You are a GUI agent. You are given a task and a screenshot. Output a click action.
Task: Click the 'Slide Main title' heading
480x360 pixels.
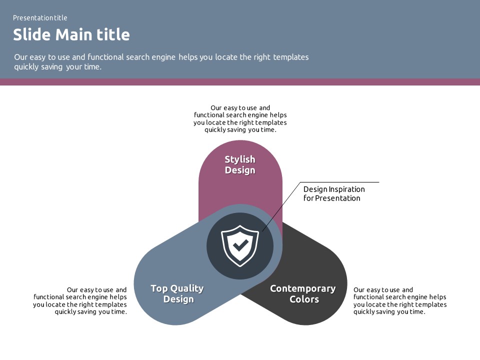(x=71, y=35)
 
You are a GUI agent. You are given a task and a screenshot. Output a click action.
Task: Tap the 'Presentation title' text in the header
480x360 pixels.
(x=40, y=18)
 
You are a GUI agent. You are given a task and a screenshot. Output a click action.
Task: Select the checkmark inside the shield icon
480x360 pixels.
(x=240, y=244)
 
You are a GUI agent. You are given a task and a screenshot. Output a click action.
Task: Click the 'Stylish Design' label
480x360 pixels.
(x=240, y=164)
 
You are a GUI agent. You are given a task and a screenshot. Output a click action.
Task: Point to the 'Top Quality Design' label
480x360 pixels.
(x=177, y=293)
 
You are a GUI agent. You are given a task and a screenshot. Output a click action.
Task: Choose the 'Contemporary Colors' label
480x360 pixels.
(x=303, y=293)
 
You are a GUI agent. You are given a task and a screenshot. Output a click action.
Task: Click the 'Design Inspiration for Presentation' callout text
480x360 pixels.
(x=334, y=193)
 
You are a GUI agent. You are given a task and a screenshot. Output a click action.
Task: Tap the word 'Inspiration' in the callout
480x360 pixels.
(x=347, y=189)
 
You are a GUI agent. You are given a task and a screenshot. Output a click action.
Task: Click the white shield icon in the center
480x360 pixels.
(x=240, y=245)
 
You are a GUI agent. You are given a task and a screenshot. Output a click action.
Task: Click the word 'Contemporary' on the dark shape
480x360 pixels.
(x=303, y=288)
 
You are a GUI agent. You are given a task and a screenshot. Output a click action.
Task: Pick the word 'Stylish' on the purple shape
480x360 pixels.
(x=240, y=159)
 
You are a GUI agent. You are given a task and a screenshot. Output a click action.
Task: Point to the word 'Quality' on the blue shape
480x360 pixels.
(x=187, y=288)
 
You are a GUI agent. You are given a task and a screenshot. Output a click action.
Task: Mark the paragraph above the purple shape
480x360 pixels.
(x=240, y=118)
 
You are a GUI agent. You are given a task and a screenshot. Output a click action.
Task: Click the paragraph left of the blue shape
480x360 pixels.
(x=80, y=300)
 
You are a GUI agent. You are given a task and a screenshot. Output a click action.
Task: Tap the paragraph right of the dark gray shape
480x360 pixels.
(x=400, y=300)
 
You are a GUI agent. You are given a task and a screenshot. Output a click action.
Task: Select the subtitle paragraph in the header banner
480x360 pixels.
(x=161, y=61)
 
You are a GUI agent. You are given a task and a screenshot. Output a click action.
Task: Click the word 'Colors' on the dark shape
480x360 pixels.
(x=304, y=299)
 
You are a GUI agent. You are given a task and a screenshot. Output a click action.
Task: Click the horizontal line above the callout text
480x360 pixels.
(x=340, y=182)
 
